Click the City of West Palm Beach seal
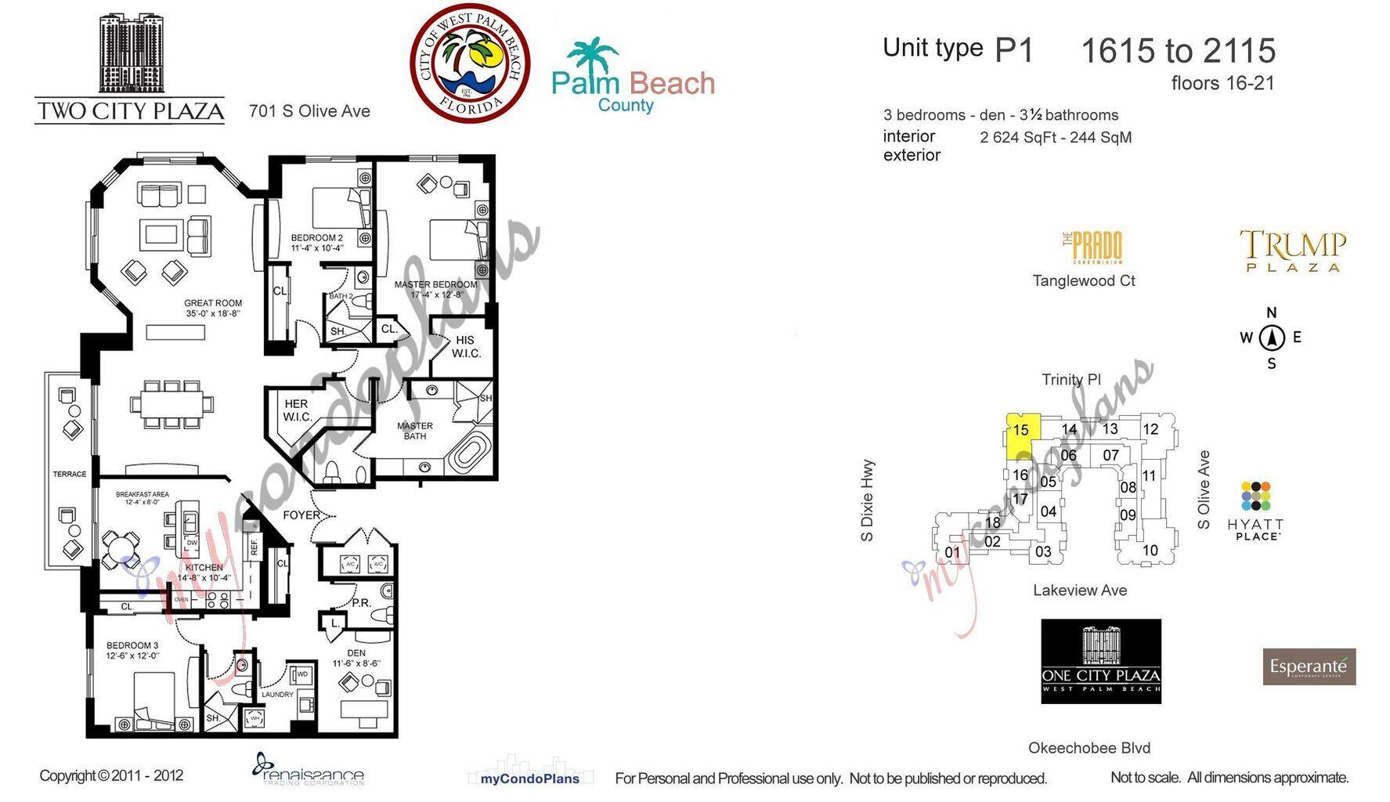pyautogui.click(x=470, y=63)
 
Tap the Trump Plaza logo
pyautogui.click(x=1293, y=250)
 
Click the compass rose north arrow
pyautogui.click(x=1272, y=338)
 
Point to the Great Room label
pyautogui.click(x=213, y=308)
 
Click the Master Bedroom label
pyautogui.click(x=435, y=289)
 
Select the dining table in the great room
pyautogui.click(x=171, y=405)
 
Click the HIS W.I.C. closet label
pyautogui.click(x=466, y=346)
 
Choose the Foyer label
pyautogui.click(x=301, y=515)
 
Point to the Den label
pyautogui.click(x=356, y=658)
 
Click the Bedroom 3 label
pyautogui.click(x=132, y=650)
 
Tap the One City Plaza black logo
pyautogui.click(x=1100, y=661)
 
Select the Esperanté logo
pyautogui.click(x=1309, y=667)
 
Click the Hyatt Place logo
pyautogui.click(x=1255, y=511)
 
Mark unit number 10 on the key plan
pyautogui.click(x=1150, y=550)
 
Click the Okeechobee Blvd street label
pyautogui.click(x=1089, y=748)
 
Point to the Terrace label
pyautogui.click(x=70, y=474)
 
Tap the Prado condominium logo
pyautogui.click(x=1092, y=248)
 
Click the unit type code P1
pyautogui.click(x=1014, y=51)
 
